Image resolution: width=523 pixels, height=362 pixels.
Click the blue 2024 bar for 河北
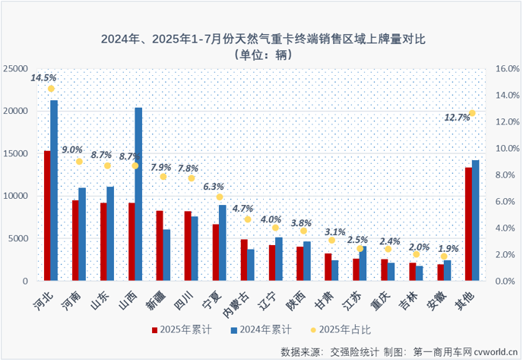(x=54, y=190)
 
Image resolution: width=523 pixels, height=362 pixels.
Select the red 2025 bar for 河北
(x=46, y=216)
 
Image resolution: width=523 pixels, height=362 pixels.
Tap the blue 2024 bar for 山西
(x=138, y=194)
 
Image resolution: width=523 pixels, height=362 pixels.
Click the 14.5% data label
(x=43, y=77)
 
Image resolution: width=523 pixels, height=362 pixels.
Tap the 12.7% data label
(x=457, y=117)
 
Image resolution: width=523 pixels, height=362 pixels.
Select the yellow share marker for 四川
(x=192, y=178)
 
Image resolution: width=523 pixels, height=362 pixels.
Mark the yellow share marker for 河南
(x=79, y=162)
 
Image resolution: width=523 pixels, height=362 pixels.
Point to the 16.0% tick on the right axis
(x=506, y=68)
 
